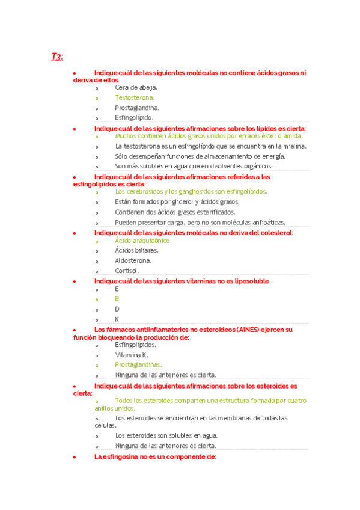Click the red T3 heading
[x=57, y=57]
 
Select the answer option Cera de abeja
[x=132, y=87]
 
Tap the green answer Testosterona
[x=135, y=97]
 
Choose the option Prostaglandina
[x=137, y=108]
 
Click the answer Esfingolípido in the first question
[x=134, y=118]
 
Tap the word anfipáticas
[x=267, y=223]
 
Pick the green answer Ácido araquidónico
[x=143, y=241]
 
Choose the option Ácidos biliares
[x=136, y=250]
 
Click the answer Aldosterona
[x=133, y=260]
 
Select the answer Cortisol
[x=127, y=271]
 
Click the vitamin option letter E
[x=117, y=289]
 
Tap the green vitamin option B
[x=117, y=299]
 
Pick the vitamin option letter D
[x=117, y=309]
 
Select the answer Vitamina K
[x=131, y=355]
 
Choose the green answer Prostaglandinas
[x=138, y=364]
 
